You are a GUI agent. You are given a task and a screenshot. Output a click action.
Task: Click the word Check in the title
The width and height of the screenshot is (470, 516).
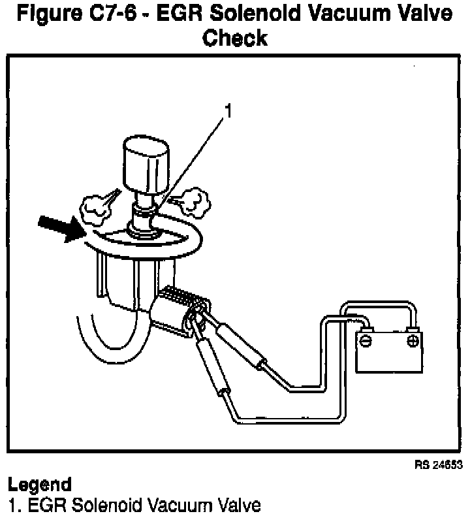pos(235,37)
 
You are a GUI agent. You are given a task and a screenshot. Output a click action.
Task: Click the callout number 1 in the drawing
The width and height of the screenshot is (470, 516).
pos(227,112)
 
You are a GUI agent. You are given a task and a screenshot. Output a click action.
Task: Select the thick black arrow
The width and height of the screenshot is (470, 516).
pos(62,229)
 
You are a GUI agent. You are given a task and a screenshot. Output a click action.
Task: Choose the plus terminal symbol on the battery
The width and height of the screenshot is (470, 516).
pos(412,340)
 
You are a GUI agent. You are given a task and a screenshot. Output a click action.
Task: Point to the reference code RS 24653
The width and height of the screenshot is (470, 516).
pos(438,465)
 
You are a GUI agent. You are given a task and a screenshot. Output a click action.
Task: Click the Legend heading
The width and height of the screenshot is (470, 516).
pos(39,485)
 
